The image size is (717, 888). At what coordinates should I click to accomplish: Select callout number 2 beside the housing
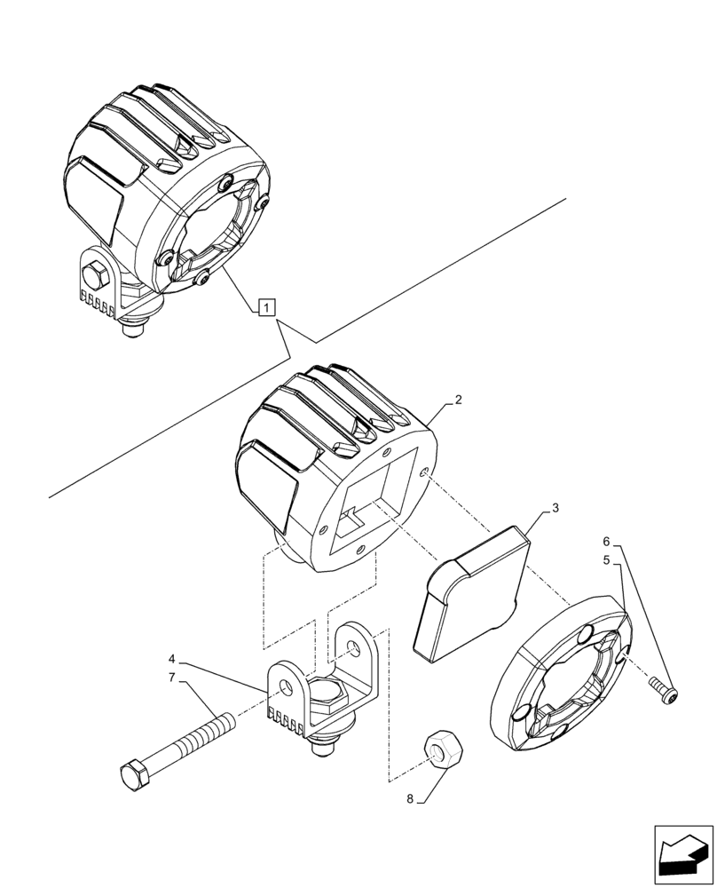click(x=458, y=400)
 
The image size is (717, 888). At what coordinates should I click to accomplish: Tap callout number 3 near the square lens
click(x=555, y=509)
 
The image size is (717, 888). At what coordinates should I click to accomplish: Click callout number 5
click(x=607, y=561)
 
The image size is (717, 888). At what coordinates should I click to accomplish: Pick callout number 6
click(x=607, y=542)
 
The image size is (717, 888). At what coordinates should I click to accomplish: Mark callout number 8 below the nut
click(x=410, y=798)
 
